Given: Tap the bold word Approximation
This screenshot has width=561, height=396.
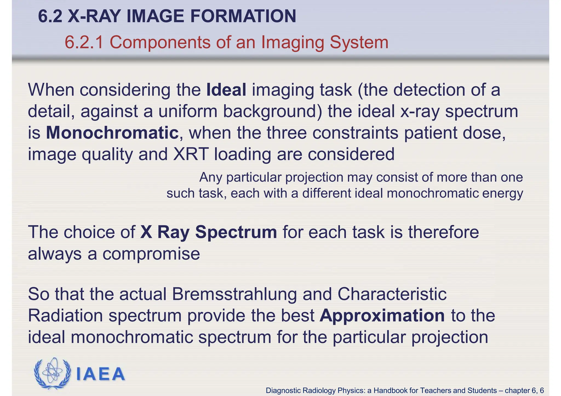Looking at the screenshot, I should pyautogui.click(x=382, y=316).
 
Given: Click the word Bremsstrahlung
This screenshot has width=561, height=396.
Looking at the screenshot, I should pyautogui.click(x=234, y=294).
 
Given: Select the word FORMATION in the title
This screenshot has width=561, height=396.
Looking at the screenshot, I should pyautogui.click(x=243, y=16).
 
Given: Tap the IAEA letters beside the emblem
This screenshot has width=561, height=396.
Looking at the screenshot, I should pyautogui.click(x=100, y=374).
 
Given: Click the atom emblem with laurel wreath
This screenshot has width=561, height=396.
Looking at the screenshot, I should pyautogui.click(x=52, y=373).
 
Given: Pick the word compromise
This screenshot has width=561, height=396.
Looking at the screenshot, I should pyautogui.click(x=151, y=254).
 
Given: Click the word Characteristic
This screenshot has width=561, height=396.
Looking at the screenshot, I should pyautogui.click(x=392, y=294).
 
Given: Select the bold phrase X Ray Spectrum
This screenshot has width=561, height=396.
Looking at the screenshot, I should pyautogui.click(x=208, y=232).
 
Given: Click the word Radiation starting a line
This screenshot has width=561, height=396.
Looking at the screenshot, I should pyautogui.click(x=65, y=316).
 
